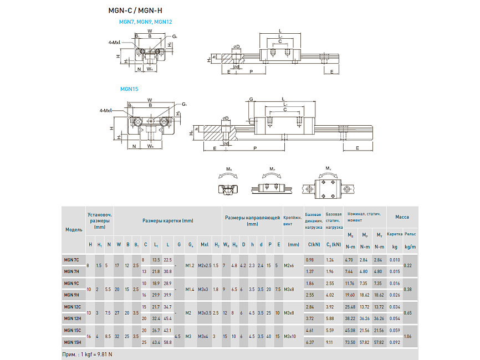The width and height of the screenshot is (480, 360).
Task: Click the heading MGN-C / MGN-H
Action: tap(135, 10)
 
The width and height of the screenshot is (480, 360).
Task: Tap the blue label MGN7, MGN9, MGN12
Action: tap(145, 22)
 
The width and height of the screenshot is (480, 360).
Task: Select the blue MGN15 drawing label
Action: tap(129, 89)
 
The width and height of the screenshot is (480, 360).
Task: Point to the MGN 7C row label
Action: tap(72, 260)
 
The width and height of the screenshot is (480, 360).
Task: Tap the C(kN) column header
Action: tap(314, 244)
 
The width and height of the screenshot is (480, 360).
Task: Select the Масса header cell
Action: tap(402, 217)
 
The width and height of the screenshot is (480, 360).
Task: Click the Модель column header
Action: tap(74, 229)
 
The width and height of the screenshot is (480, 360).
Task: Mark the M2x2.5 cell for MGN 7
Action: tap(205, 265)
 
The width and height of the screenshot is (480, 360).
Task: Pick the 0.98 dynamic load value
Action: tap(310, 260)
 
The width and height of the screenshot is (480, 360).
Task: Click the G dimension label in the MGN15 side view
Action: tap(251, 100)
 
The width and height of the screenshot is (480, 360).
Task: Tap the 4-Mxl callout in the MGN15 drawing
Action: tap(105, 111)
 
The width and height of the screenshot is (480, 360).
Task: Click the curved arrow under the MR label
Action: tap(227, 174)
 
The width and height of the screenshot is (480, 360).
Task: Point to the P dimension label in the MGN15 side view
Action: tap(254, 148)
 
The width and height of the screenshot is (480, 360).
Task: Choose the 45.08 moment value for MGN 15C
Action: tap(350, 330)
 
